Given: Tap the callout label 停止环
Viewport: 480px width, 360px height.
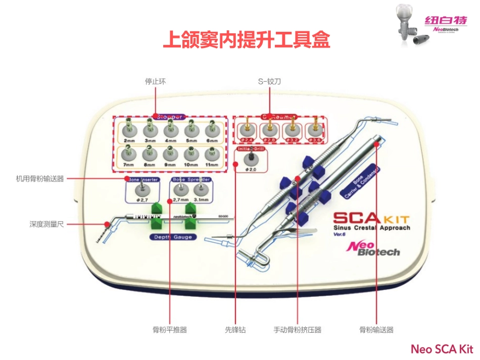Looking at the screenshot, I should [154, 81].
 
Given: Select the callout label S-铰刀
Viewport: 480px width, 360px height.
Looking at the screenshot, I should [269, 81].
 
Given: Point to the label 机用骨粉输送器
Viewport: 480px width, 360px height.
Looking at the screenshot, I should [40, 178].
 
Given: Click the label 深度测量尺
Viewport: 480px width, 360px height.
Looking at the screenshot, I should [46, 224].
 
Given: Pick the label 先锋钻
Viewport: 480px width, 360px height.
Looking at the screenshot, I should [235, 330].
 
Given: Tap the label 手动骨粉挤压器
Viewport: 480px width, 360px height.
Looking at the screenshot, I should [297, 330].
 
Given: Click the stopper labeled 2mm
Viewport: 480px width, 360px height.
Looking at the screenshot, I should [129, 130].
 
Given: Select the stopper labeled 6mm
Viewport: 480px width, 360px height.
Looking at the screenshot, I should [212, 130].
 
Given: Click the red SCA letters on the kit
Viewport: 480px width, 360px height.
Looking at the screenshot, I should [356, 219].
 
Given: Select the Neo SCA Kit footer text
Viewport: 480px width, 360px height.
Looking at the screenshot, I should [442, 349].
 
